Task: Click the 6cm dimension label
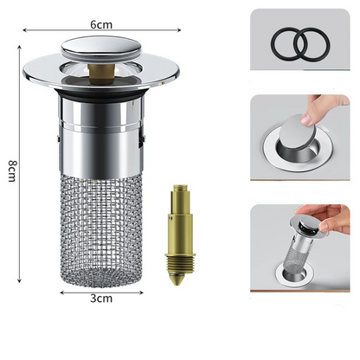click(x=101, y=25)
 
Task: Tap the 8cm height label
click(x=12, y=171)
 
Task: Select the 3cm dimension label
click(x=101, y=299)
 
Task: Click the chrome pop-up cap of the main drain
click(x=101, y=47)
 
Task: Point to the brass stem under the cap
click(x=101, y=74)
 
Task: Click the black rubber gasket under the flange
click(x=101, y=93)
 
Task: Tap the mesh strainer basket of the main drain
click(x=101, y=231)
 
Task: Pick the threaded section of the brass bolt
click(x=180, y=266)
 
